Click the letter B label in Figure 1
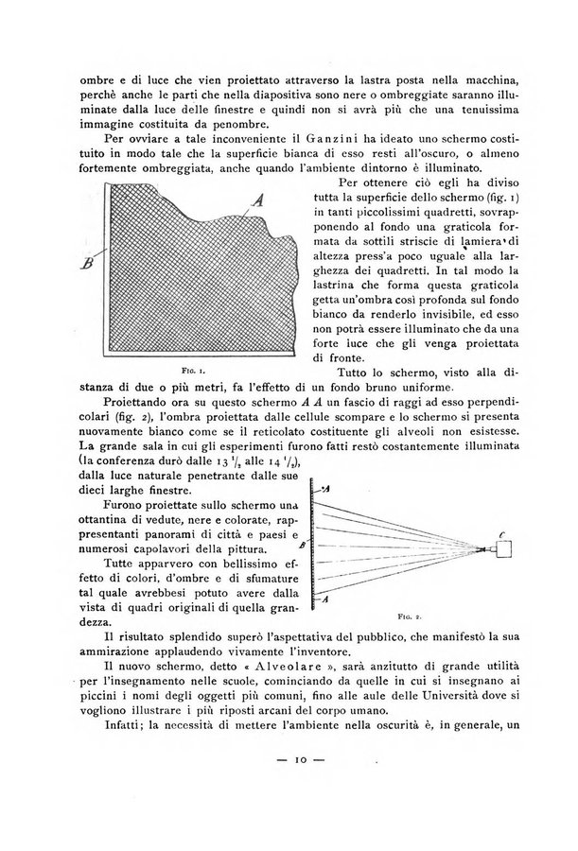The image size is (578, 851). [87, 262]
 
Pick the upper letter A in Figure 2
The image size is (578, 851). [325, 490]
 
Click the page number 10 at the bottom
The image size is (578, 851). [291, 785]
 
